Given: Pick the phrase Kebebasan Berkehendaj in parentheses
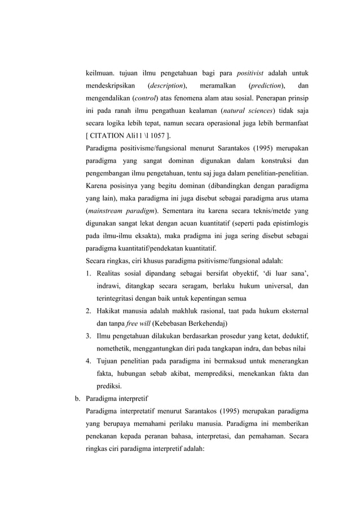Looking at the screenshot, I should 190,324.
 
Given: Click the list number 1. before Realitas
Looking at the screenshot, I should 89,274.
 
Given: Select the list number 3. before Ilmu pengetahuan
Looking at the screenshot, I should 89,337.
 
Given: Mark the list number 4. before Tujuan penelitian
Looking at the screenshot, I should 89,362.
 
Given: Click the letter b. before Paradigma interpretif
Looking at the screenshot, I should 78,400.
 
